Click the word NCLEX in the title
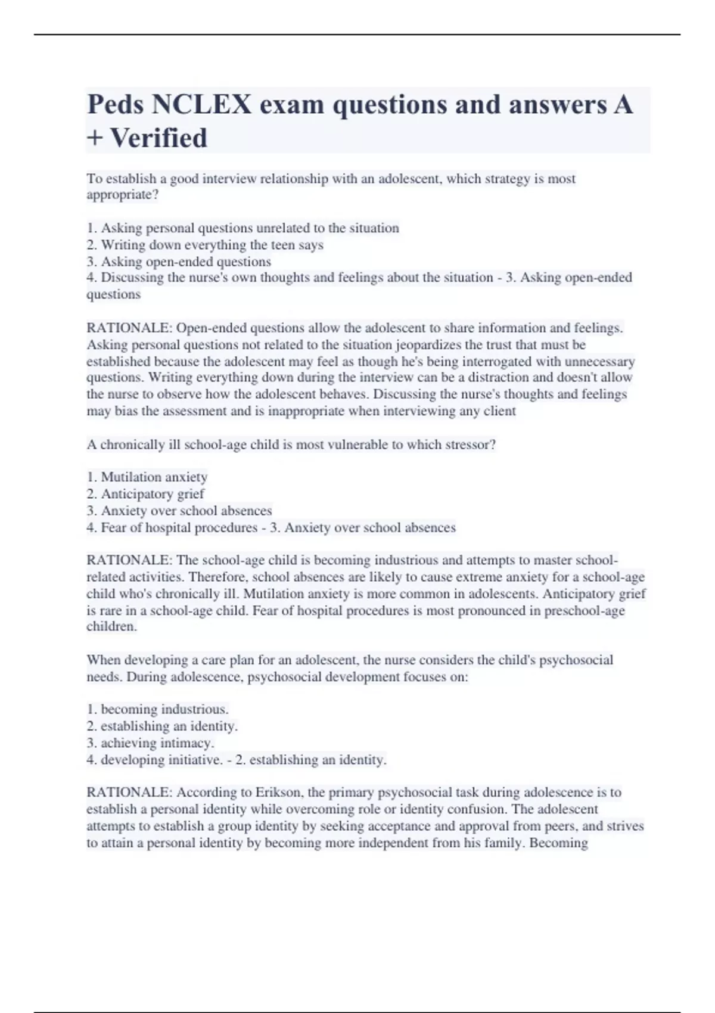(x=201, y=105)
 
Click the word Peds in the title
(x=116, y=105)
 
